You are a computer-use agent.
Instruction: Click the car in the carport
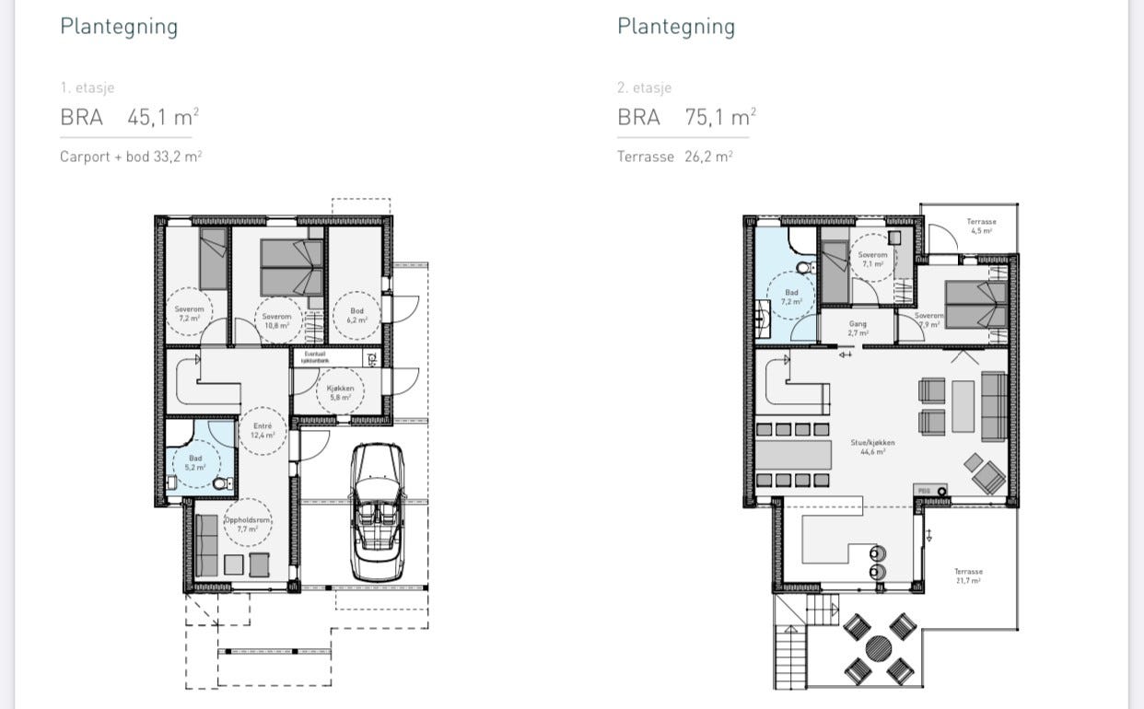(x=379, y=511)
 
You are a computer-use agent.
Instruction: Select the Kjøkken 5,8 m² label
(x=339, y=393)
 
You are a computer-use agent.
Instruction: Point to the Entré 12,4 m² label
(x=263, y=430)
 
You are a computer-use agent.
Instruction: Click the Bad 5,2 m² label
(x=195, y=462)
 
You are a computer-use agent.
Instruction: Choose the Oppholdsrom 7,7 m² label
(x=248, y=525)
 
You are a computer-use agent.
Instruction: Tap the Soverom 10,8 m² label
(x=276, y=320)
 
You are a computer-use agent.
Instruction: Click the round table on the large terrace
(x=878, y=648)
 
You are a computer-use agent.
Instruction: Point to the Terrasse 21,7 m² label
(x=968, y=575)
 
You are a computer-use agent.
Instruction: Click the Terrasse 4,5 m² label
(x=980, y=226)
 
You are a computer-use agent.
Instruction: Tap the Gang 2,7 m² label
(x=858, y=328)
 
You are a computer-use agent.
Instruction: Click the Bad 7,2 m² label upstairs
(x=791, y=296)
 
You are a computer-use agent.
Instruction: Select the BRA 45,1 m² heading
(x=129, y=117)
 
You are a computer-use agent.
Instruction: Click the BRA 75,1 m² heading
(x=686, y=117)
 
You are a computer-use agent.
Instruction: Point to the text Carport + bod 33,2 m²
(x=131, y=157)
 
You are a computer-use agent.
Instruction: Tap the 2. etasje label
(x=644, y=88)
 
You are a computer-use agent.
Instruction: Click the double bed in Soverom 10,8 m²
(x=291, y=267)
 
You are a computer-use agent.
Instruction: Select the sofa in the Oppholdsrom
(x=206, y=545)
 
